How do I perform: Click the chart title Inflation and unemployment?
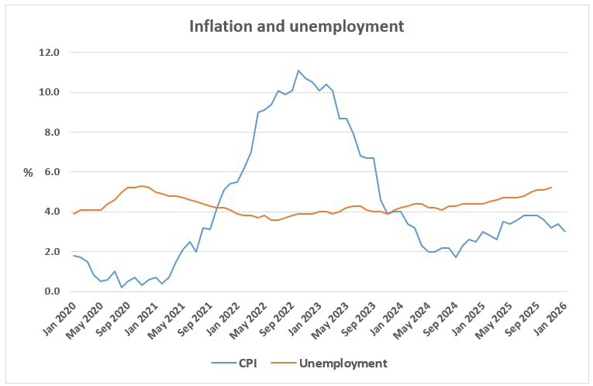(297, 26)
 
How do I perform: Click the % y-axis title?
(28, 173)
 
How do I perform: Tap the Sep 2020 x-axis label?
(113, 318)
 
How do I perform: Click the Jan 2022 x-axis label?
(215, 318)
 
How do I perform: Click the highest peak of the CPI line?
(298, 71)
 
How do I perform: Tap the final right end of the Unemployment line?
(551, 188)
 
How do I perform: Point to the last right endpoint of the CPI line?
(564, 232)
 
